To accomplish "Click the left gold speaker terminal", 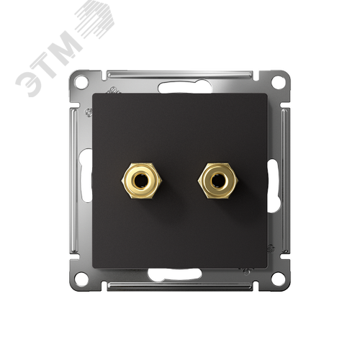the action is [141, 181].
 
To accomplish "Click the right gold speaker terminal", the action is [217, 181].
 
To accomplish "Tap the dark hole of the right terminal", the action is [217, 180].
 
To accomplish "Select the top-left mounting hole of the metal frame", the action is [81, 82].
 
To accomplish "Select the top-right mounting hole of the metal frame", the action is [279, 82].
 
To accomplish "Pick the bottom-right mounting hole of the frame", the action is [279, 279].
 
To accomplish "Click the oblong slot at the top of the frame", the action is [185, 88].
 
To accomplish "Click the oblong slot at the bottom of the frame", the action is [175, 274].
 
